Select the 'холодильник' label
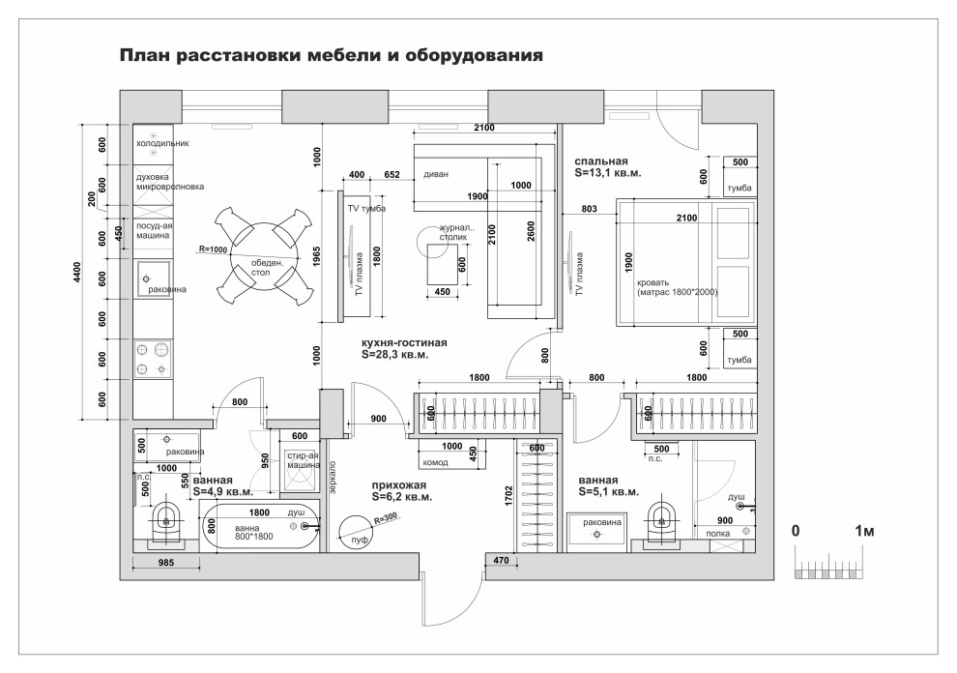click(161, 143)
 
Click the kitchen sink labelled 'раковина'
click(153, 278)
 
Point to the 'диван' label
click(436, 176)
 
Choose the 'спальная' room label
click(601, 161)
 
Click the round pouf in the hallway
click(359, 530)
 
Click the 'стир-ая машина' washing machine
click(302, 460)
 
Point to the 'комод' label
click(436, 463)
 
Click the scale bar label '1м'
click(866, 532)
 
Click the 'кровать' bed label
click(654, 282)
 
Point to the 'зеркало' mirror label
click(333, 474)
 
